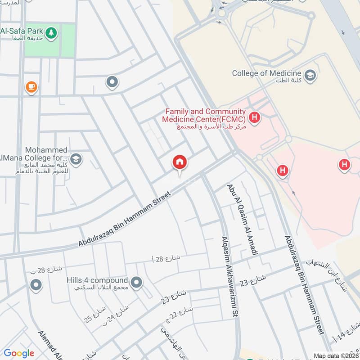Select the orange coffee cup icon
click(31, 87)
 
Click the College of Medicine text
click(266, 73)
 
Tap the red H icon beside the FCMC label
click(255, 118)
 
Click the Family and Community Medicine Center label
click(205, 115)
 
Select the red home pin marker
click(180, 162)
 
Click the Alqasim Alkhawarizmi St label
click(229, 277)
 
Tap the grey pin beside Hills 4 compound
click(137, 283)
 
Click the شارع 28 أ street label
click(166, 258)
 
